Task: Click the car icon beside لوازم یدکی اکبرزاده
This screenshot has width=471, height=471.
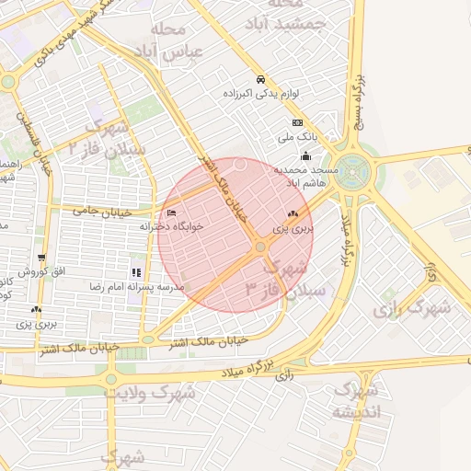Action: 261,78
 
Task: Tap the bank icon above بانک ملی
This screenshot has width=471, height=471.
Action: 297,122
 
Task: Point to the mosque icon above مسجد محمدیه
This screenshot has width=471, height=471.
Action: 305,156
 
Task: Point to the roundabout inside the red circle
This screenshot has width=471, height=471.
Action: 260,247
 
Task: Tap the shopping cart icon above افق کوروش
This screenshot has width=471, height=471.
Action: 41,258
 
